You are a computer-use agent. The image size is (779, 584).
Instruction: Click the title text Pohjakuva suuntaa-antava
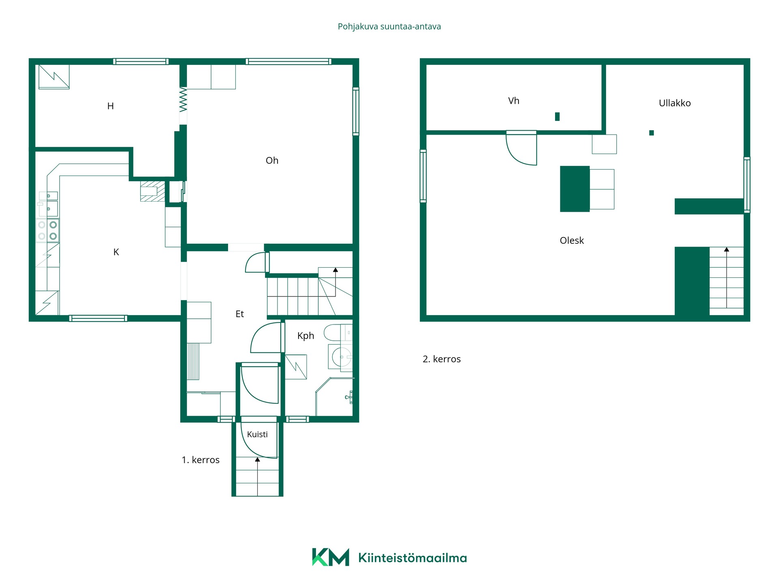pos(389,27)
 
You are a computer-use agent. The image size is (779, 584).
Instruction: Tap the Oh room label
pos(272,161)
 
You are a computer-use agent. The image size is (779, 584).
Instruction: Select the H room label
pos(110,106)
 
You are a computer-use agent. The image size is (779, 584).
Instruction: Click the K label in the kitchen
pos(116,252)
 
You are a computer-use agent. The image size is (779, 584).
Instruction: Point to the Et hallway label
pos(239,314)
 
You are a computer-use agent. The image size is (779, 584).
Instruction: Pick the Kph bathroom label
pos(306,336)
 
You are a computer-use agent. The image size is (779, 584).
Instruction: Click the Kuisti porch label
pos(257,434)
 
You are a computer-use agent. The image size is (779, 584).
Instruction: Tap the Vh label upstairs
pos(514,101)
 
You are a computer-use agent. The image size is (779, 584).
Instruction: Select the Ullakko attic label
pos(675,103)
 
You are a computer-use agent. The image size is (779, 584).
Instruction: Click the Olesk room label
pos(572,240)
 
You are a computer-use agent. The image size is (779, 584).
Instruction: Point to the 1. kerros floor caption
pos(200,460)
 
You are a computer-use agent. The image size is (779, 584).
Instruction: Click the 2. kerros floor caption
pos(441,359)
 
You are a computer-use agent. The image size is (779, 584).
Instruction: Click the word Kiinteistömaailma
pos(413,558)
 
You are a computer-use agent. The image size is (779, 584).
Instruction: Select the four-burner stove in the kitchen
pos(47,230)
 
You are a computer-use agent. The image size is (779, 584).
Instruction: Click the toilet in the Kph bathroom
pos(338,333)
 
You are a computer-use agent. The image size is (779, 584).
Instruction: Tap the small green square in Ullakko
pos(652,133)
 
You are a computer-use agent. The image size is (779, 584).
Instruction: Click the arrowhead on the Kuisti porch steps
pos(257,459)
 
